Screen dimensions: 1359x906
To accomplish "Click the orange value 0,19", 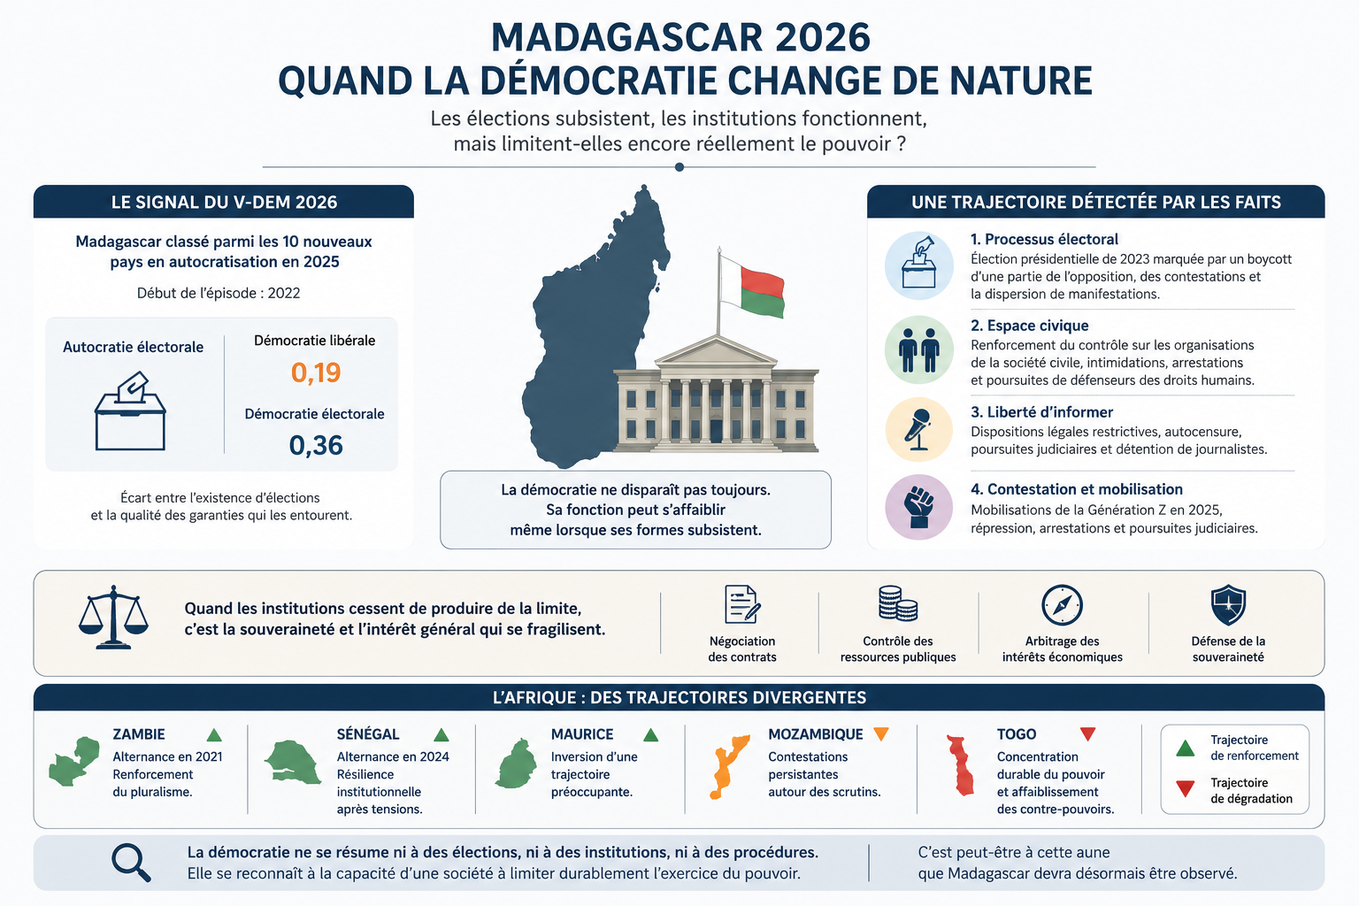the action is click(316, 372).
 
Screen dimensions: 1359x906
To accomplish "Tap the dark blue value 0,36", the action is click(316, 445).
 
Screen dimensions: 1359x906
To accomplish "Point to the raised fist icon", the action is click(919, 507).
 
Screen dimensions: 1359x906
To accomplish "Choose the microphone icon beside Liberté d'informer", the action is click(918, 430).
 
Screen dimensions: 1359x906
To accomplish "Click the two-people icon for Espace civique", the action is click(919, 350).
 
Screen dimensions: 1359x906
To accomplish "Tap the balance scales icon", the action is click(113, 618).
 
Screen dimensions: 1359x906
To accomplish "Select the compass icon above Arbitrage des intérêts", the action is click(1062, 605).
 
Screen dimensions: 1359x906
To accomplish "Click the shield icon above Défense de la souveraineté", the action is click(1228, 605).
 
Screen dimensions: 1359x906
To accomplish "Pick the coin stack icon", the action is click(898, 603).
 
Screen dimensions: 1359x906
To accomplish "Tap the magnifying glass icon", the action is click(131, 863).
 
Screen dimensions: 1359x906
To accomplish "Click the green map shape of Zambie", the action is click(74, 762).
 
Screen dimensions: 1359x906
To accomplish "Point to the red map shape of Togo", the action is click(960, 765).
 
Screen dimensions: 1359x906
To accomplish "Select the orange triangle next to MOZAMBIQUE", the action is click(881, 733).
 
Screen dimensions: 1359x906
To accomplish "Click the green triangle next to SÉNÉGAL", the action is click(441, 734).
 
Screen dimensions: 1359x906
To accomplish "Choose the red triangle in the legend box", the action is click(1185, 789).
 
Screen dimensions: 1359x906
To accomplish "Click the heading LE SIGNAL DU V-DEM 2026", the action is click(224, 202).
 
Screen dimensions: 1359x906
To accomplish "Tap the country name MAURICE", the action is click(582, 734).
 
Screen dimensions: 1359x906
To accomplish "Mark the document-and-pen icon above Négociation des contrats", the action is click(742, 604).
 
